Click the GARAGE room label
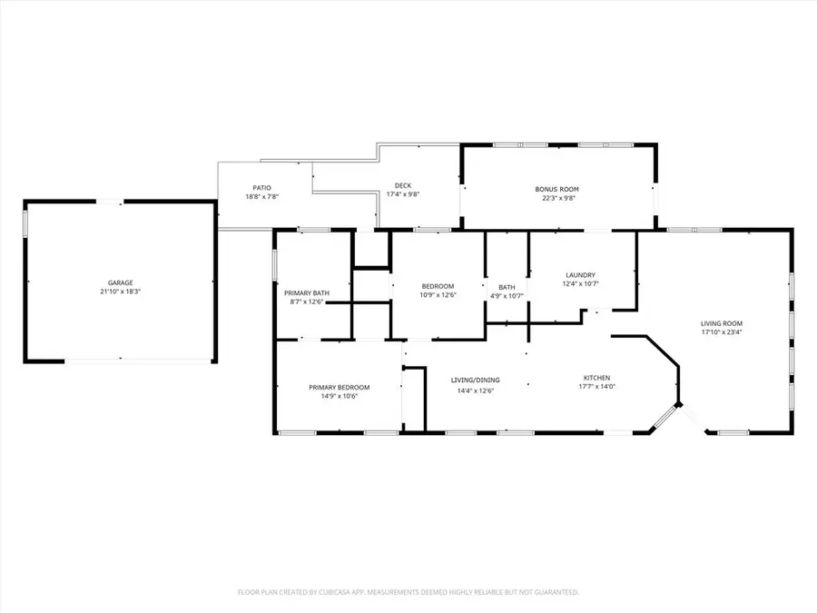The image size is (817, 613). coord(121,283)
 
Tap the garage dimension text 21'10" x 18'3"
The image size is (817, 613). coord(121,292)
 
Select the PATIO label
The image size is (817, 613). coord(262,188)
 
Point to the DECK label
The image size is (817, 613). coord(403,185)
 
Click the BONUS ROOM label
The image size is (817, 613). coord(557,189)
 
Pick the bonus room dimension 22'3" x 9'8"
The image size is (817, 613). coord(557,198)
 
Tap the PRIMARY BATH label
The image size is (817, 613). coord(307,293)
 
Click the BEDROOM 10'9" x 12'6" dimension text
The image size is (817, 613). coord(438,295)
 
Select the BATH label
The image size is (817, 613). coord(507,287)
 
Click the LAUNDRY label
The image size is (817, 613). coord(580,275)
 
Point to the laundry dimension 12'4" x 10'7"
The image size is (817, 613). coord(580,284)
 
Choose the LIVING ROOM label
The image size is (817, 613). coord(722,323)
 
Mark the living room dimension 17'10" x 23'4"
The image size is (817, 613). coord(722,332)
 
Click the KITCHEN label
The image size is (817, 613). coord(596,378)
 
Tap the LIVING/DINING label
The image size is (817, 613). coord(475,380)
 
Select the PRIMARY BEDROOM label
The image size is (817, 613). coord(340,387)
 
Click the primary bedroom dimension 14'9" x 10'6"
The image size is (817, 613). coord(340,396)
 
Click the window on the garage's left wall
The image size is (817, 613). coord(25,223)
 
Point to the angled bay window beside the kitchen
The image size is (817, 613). coord(664,417)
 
